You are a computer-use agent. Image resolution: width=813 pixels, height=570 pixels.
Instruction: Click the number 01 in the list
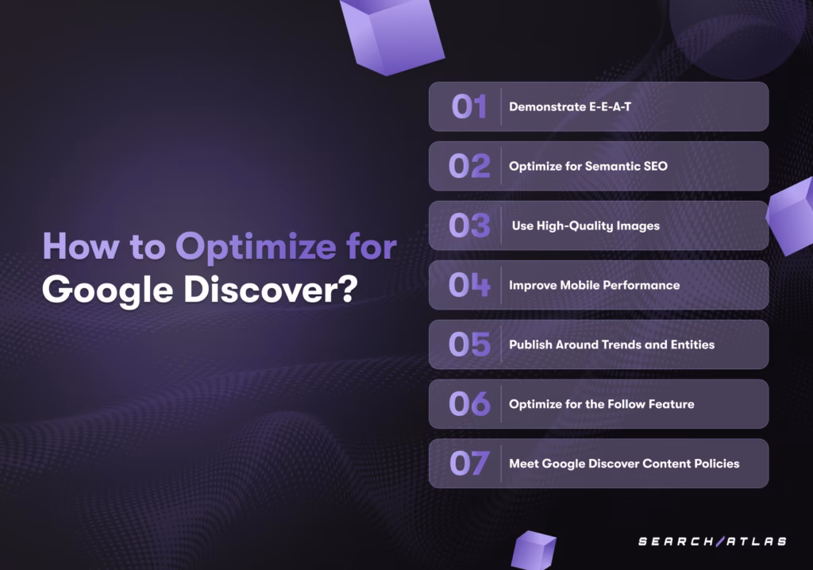point(469,107)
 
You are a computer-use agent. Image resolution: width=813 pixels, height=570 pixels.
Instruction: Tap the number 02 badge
point(469,166)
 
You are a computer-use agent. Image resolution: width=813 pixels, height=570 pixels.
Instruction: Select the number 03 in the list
point(469,225)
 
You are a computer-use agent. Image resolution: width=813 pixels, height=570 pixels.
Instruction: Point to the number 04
point(469,285)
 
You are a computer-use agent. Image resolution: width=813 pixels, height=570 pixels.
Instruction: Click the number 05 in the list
point(469,345)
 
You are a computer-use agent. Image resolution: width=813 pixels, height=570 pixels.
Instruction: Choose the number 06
point(469,404)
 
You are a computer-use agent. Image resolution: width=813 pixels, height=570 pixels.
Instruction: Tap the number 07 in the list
point(469,463)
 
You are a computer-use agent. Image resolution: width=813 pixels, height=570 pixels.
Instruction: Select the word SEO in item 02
point(655,166)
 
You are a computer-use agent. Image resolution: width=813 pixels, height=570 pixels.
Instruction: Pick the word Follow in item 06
point(625,404)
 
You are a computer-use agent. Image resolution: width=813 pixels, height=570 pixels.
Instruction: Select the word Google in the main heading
point(107,291)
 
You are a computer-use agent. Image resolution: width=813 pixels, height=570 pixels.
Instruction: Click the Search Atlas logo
point(712,541)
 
